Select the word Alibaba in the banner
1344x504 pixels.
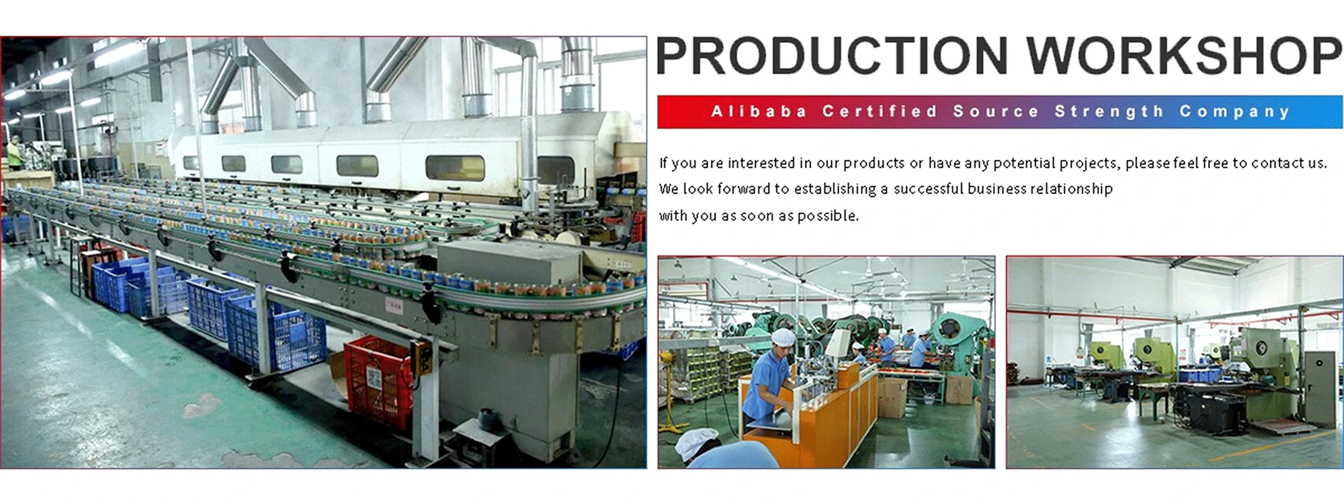(759, 112)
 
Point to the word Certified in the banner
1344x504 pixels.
(880, 112)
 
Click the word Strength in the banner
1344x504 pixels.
(1109, 112)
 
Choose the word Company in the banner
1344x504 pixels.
(1235, 112)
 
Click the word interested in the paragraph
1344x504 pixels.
(761, 163)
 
